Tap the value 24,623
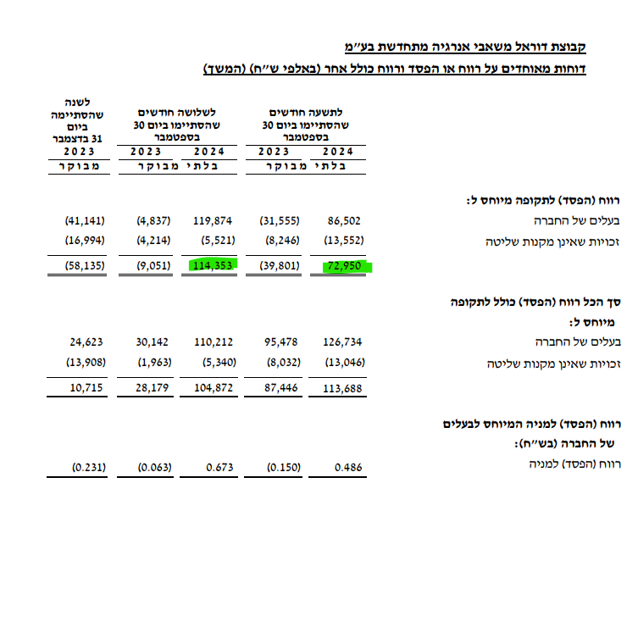pyautogui.click(x=88, y=342)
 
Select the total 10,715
pyautogui.click(x=88, y=388)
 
